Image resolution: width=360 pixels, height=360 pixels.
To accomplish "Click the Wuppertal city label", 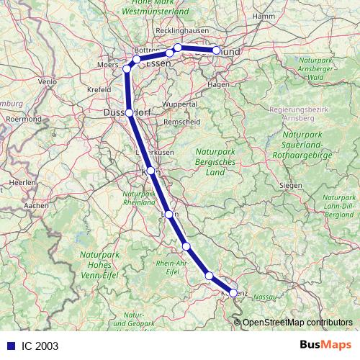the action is [180, 104].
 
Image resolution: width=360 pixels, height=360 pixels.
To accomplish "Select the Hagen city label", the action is [217, 84].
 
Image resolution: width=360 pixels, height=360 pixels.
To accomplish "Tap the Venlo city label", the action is [47, 82].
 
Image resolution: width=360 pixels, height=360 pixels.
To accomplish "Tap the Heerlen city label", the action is [23, 184].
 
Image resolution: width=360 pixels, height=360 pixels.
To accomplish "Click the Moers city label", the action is [107, 65].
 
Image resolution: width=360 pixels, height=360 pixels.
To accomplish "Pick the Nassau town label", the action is [266, 296].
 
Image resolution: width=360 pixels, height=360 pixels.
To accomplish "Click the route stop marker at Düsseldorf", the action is [129, 113].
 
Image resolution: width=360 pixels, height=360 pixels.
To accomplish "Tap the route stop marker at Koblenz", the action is [233, 293].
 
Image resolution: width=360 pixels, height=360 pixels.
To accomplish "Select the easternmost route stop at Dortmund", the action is [216, 50].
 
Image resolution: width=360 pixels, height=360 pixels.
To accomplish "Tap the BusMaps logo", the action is [326, 345].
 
